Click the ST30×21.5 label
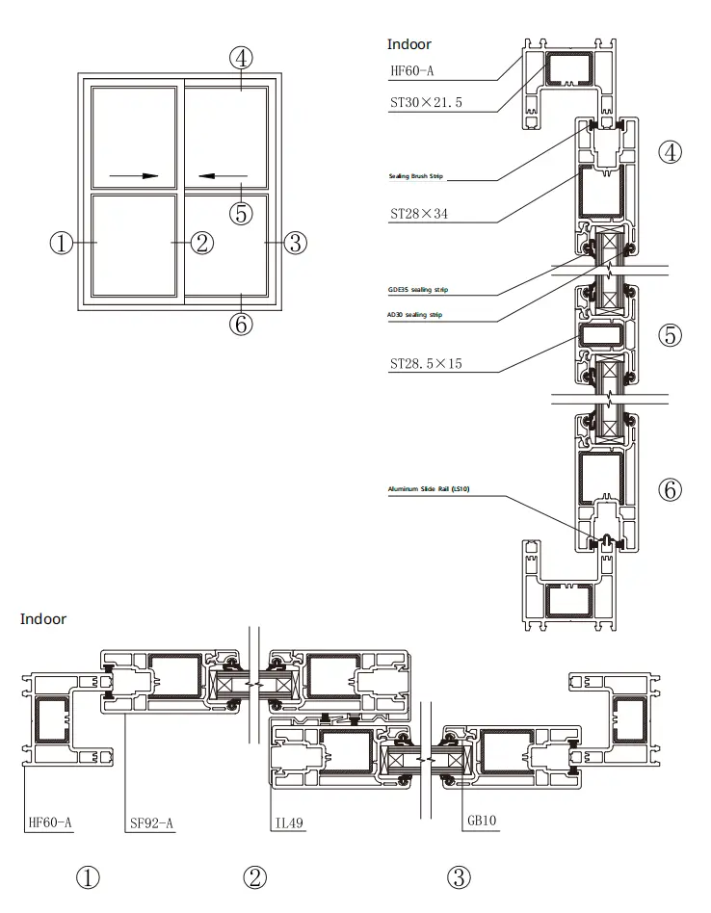click(426, 101)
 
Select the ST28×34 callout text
click(418, 214)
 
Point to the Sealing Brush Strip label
click(415, 177)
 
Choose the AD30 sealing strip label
click(415, 315)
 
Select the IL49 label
click(288, 822)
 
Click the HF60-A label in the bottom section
click(50, 822)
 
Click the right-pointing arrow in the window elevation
click(134, 176)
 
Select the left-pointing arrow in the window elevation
click(223, 176)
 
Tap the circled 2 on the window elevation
click(200, 243)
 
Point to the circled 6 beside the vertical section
click(670, 489)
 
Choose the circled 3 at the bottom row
click(459, 877)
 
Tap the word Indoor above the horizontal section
click(43, 618)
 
